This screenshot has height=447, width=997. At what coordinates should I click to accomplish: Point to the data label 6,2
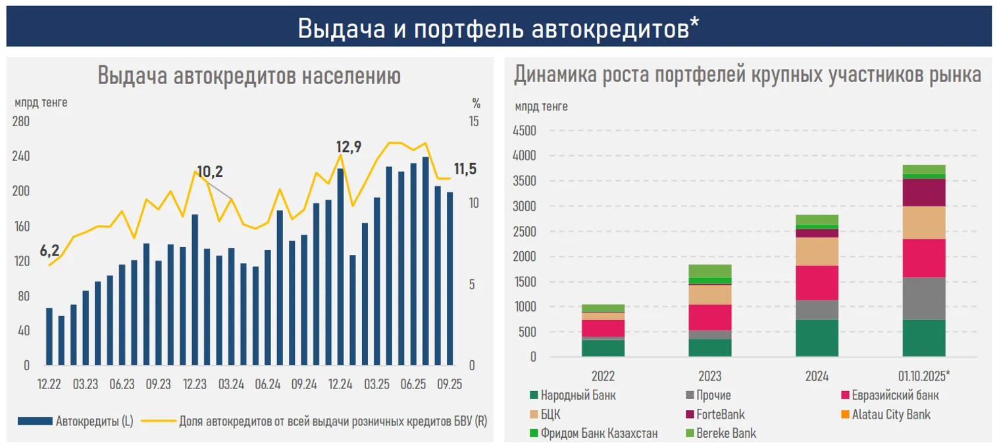[x=49, y=251]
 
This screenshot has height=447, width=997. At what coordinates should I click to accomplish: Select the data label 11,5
[x=465, y=169]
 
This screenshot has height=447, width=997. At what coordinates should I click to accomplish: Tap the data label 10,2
[x=210, y=172]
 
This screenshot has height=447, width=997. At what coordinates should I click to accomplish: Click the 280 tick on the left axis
[x=21, y=122]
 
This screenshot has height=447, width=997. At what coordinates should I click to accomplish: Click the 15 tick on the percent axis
[x=474, y=122]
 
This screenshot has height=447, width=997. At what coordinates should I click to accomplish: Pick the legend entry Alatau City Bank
[x=891, y=415]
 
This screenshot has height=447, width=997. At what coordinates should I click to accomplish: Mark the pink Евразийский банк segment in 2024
[x=817, y=283]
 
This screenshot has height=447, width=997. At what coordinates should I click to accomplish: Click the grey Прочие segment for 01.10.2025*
[x=924, y=298]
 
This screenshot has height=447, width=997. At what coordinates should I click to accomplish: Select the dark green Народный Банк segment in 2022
[x=603, y=348]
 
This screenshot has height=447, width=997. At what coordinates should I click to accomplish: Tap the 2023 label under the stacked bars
[x=709, y=377]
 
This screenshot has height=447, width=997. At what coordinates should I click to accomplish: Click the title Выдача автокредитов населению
[x=249, y=76]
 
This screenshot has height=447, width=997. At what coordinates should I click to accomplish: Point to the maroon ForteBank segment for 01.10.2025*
[x=924, y=192]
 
